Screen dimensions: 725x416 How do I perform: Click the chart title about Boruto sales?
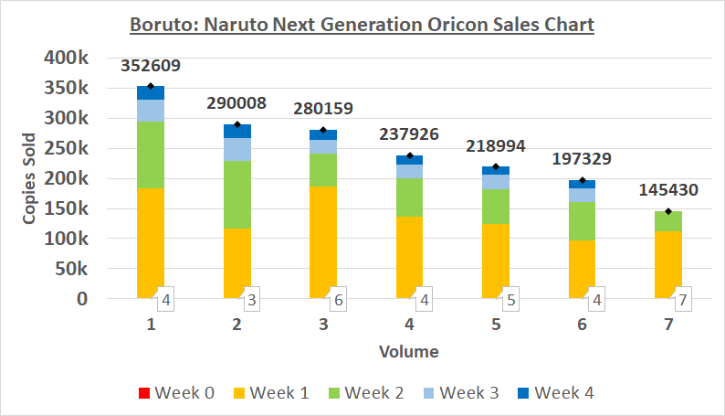coord(362,25)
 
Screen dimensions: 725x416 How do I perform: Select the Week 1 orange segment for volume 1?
coord(151,243)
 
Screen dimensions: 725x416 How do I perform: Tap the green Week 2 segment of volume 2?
coord(237,195)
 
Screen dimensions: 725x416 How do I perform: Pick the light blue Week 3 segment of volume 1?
coord(151,111)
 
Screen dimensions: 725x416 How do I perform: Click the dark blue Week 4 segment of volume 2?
coord(237,131)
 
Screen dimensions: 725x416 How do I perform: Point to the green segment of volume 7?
coord(668,221)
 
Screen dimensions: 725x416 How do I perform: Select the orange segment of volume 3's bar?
coord(323,242)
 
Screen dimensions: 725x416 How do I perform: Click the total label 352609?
coord(151,66)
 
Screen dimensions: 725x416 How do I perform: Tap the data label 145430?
coord(668,190)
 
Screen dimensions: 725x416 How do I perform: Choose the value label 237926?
coord(409,134)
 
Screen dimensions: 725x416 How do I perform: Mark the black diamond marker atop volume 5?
coord(496,166)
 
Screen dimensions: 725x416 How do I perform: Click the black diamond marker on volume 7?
coord(668,211)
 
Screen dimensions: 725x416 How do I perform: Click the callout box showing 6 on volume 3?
coord(338,299)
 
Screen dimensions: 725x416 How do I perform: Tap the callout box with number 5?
coord(510,299)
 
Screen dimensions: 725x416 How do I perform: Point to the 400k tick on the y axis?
coord(66,58)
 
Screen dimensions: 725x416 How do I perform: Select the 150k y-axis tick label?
coord(66,208)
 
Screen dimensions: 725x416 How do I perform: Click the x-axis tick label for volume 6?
coord(583,325)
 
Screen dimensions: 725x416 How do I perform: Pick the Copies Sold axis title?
coord(29,178)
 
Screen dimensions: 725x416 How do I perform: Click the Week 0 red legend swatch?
coord(144,393)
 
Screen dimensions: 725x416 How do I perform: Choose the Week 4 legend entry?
coord(556,393)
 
